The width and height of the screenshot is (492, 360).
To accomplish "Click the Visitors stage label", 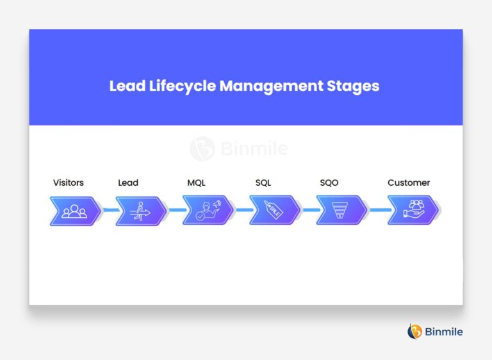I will pos(68,183).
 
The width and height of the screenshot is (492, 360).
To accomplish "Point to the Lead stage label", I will pos(128,183).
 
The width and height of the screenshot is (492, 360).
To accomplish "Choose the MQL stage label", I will pos(196,183).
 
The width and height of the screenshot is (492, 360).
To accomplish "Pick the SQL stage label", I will pos(263,183).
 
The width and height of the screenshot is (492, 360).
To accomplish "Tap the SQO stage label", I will pos(329,183).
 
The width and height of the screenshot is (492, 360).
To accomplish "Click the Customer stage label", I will pos(409,183).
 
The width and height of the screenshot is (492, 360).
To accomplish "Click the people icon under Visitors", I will pos(74,210).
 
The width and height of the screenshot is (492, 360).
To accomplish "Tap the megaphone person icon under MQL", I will pos(208,210).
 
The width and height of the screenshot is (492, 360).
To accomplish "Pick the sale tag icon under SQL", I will pos(274,210).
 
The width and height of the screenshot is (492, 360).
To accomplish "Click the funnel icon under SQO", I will pos(341,210).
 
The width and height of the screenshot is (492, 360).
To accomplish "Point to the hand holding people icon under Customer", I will pos(413,210).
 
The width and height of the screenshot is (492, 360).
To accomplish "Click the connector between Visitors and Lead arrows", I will pos(109,210).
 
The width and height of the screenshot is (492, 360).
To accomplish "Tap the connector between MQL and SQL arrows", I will pos(244,210).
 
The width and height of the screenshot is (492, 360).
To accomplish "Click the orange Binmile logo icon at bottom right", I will pos(414,331).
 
